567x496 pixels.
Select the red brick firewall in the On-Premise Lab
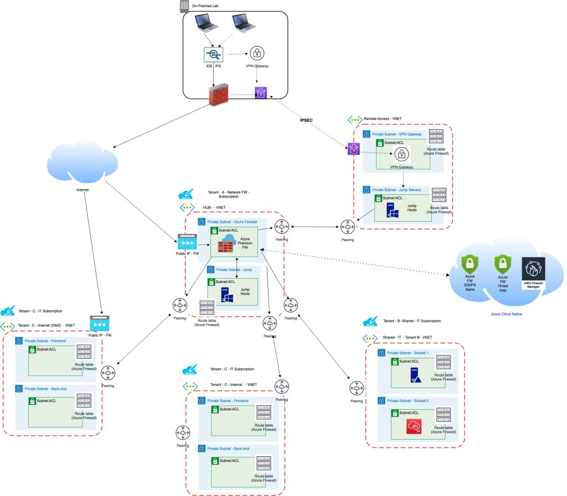click(x=219, y=96)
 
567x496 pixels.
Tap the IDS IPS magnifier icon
click(x=213, y=54)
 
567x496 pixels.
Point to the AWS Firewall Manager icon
click(x=534, y=272)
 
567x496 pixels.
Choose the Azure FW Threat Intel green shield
click(x=502, y=264)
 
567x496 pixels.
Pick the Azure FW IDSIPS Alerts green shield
click(x=470, y=264)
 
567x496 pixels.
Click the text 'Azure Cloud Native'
click(x=507, y=314)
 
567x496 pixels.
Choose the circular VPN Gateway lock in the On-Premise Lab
click(x=257, y=53)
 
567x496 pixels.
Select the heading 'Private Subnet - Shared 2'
click(x=407, y=399)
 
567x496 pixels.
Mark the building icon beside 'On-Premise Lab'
click(x=184, y=6)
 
